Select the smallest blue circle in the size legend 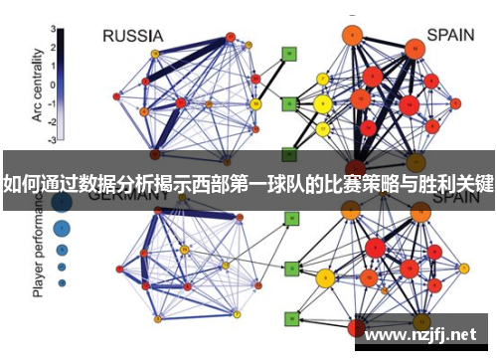pyautogui.click(x=62, y=282)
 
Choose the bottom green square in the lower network pyautogui.click(x=290, y=318)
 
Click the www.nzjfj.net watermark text pyautogui.click(x=426, y=336)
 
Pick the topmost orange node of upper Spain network pyautogui.click(x=351, y=37)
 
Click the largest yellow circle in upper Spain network pyautogui.click(x=322, y=103)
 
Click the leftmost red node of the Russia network pyautogui.click(x=116, y=96)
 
